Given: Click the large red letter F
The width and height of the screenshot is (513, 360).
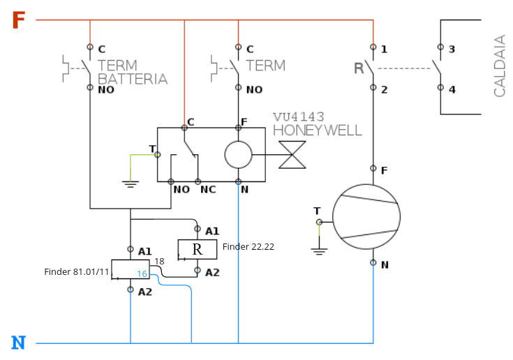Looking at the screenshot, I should (19, 21).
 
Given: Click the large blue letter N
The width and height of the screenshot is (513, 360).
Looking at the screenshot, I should (19, 343).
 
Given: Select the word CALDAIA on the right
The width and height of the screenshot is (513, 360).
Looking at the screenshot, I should (500, 66).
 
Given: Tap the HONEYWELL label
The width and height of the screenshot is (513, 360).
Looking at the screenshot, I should (318, 130).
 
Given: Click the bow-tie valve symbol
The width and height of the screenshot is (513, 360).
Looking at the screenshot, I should (292, 154).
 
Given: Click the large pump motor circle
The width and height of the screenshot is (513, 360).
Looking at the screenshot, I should (366, 217).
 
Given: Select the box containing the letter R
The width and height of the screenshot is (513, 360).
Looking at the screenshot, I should (197, 249).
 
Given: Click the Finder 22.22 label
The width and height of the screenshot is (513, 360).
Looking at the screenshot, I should (248, 247).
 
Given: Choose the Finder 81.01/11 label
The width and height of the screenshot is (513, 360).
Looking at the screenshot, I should (77, 271).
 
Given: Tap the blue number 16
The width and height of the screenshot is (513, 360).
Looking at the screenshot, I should (142, 274).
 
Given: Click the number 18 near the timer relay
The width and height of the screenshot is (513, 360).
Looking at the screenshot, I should (159, 261).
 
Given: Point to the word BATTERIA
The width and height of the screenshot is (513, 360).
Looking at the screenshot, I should (133, 80).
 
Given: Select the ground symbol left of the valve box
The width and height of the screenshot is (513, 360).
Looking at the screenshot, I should (129, 183).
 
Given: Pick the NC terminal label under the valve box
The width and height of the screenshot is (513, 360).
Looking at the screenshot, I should (208, 189).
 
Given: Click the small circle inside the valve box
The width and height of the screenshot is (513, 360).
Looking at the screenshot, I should (238, 154).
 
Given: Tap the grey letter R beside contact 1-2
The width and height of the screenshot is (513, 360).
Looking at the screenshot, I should (359, 68).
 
